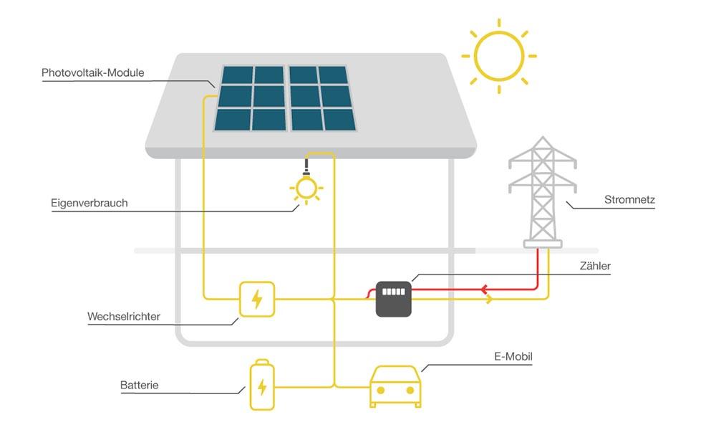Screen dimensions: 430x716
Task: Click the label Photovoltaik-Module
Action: [x=93, y=73]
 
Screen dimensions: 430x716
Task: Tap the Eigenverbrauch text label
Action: [x=89, y=203]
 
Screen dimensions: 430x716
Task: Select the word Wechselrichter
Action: [x=124, y=316]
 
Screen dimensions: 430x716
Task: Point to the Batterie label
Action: [x=140, y=386]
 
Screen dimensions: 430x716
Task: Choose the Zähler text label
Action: [x=595, y=266]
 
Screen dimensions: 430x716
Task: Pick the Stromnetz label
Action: [x=629, y=200]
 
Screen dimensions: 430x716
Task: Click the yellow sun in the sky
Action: [x=499, y=55]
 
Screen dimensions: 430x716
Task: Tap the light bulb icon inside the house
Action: [x=306, y=188]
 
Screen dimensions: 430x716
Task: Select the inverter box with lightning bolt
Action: [x=256, y=299]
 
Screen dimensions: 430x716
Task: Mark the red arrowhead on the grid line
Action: [x=485, y=290]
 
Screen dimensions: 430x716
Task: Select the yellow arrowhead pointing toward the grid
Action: [x=490, y=299]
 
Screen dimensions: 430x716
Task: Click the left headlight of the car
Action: [x=381, y=391]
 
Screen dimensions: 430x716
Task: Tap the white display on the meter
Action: [x=394, y=292]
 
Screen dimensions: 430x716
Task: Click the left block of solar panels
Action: [x=250, y=98]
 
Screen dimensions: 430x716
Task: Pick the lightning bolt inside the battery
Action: [x=262, y=388]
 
